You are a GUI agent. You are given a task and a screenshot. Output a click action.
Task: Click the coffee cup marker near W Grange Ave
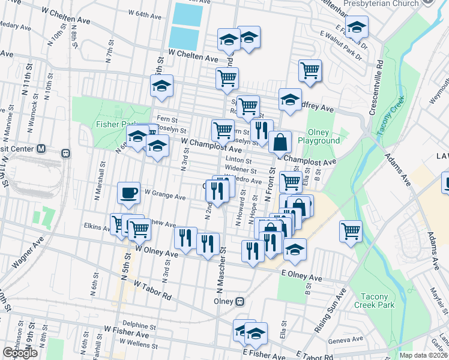[129, 193]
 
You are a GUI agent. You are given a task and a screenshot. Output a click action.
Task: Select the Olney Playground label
[324, 137]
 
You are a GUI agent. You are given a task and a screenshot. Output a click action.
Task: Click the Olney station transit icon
[240, 301]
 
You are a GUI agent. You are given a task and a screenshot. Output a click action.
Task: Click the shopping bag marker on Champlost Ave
[280, 143]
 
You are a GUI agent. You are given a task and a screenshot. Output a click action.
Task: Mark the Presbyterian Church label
[381, 4]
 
